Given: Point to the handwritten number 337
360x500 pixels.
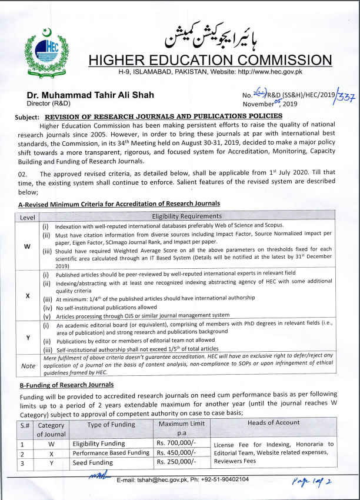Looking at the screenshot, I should coord(345,98).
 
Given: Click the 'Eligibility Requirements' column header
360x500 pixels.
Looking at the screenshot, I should coord(187,216).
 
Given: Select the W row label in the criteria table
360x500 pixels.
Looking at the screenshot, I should coord(28,246).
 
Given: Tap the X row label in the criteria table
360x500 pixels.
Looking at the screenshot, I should coord(28,295).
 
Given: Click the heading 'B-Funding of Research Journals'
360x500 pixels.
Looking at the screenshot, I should coord(66,385).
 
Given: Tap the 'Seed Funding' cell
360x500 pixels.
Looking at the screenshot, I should coord(92,462).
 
